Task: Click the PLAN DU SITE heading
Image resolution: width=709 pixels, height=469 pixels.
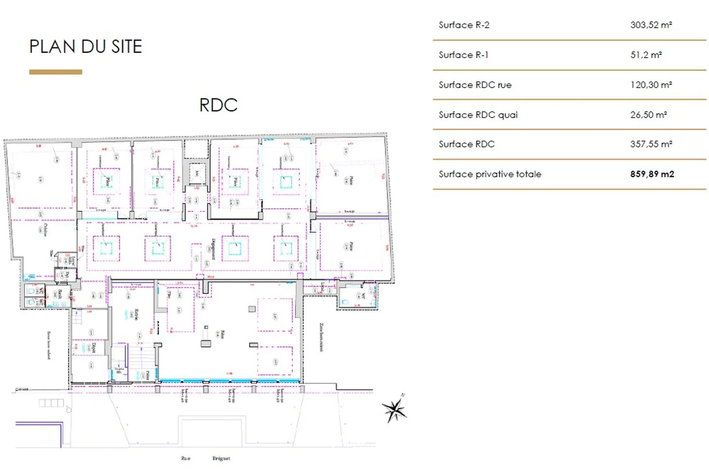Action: point(86,47)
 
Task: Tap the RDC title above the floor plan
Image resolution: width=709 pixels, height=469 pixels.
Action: point(218,105)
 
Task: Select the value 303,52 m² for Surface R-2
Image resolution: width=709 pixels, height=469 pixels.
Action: point(651,25)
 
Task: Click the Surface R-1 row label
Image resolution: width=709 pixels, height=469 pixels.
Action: point(463,55)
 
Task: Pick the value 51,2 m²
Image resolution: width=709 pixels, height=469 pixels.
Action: point(646,55)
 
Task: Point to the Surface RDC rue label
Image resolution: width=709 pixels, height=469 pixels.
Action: point(475,85)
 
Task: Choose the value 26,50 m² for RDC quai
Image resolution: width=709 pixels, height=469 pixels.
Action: point(648,115)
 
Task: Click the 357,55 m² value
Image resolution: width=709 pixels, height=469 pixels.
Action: point(651,144)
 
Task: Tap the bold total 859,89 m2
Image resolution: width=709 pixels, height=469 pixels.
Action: point(652,174)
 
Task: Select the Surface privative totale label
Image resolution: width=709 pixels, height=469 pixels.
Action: point(490,174)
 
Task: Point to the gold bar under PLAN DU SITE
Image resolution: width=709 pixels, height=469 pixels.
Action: point(55,72)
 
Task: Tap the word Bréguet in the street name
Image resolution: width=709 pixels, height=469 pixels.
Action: point(221,458)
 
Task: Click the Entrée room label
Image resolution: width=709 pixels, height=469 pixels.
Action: point(137,315)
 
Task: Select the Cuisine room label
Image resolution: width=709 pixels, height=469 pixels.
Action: point(45,229)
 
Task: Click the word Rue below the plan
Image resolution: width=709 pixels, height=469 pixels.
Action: point(186,458)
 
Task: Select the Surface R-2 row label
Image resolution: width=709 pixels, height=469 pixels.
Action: point(464,25)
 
